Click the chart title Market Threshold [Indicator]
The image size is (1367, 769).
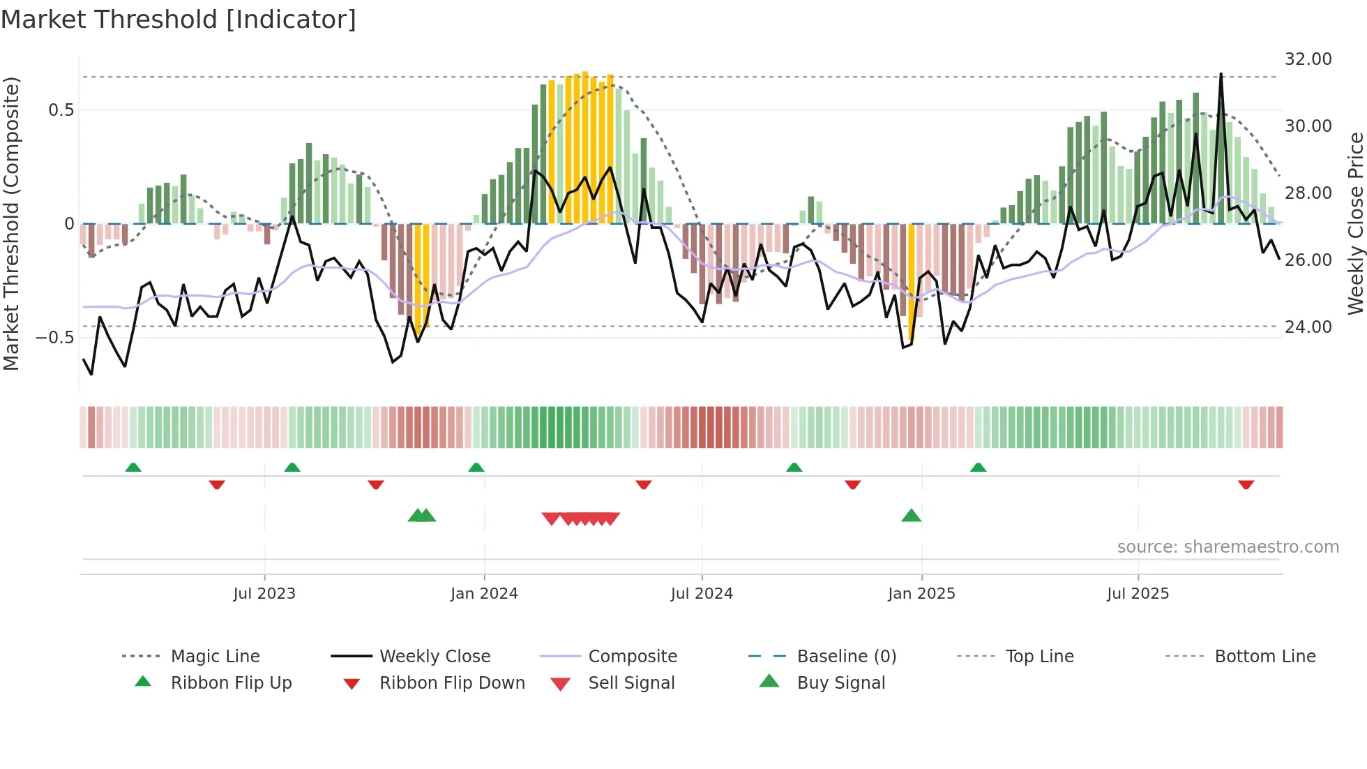pos(179,20)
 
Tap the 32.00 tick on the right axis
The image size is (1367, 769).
pos(1308,59)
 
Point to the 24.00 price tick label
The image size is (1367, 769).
pos(1308,327)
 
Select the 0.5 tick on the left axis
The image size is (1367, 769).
pos(61,110)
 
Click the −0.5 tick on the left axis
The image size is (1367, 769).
pos(55,338)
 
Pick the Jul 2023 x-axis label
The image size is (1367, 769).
pos(264,594)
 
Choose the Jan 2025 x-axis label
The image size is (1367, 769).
pos(921,594)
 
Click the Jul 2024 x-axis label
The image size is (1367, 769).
pos(702,594)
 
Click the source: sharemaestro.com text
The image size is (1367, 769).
pos(1228,547)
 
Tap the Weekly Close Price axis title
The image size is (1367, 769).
pos(1355,223)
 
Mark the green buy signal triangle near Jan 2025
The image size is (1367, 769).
pos(912,516)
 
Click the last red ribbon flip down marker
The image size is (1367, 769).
pos(1246,484)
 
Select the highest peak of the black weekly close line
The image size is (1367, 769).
pos(1221,74)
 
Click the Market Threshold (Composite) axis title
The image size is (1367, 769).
pos(11,223)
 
